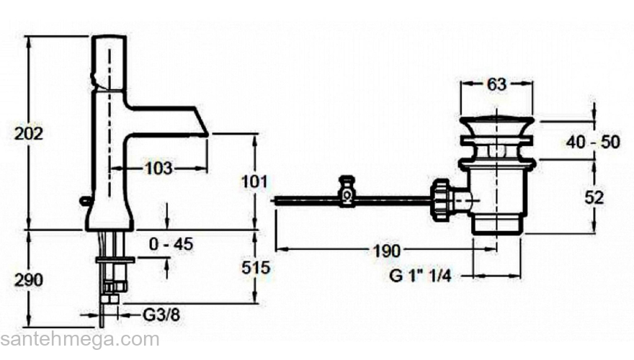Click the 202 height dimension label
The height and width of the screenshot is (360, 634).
coord(29,133)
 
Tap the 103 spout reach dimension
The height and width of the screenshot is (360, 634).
coord(158,168)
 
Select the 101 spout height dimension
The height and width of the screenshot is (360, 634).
coord(254,182)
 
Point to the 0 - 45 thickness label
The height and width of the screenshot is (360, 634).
coord(171,244)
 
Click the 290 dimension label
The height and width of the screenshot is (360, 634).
coord(29,279)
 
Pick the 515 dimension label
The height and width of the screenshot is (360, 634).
coord(256,267)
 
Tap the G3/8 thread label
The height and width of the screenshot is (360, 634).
coord(161,315)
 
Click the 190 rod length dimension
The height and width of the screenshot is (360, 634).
coord(387,251)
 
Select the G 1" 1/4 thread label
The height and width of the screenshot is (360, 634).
coord(420,276)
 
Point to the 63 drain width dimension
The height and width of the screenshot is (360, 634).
coord(496,84)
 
